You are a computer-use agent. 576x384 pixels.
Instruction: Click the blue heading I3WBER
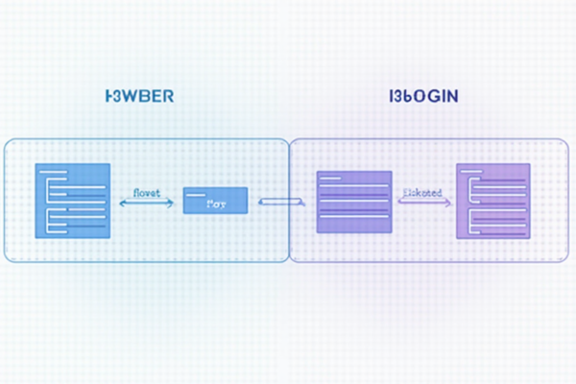pos(138,97)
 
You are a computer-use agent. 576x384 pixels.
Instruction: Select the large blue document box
pos(72,200)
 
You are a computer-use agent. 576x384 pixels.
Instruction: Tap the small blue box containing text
pos(214,200)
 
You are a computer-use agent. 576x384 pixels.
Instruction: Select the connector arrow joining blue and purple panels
pos(281,201)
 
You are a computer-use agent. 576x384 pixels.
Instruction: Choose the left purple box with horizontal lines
pos(353,202)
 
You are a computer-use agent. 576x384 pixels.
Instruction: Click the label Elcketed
pos(422,192)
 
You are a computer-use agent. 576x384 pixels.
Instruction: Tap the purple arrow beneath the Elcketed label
pos(424,204)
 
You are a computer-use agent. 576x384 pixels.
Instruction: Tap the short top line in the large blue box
pos(54,171)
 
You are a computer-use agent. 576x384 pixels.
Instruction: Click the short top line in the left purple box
pos(331,180)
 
